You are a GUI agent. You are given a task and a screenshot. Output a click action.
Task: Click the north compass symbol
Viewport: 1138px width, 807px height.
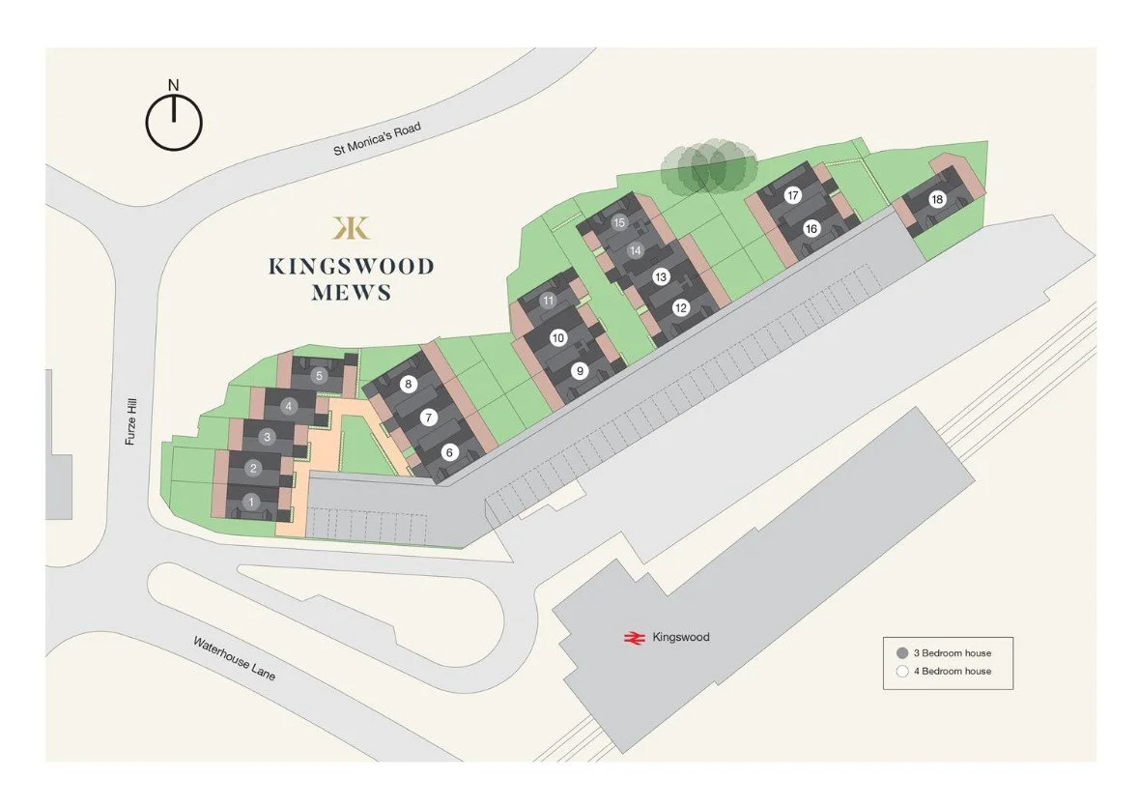click(x=174, y=123)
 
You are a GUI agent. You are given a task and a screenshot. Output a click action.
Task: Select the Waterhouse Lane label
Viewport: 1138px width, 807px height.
click(x=234, y=658)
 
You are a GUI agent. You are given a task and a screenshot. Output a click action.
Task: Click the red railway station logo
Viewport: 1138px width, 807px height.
click(x=634, y=637)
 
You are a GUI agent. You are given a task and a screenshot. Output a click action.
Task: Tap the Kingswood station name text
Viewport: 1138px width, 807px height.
click(x=681, y=637)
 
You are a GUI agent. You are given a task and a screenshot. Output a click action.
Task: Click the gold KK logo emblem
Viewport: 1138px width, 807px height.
click(x=350, y=227)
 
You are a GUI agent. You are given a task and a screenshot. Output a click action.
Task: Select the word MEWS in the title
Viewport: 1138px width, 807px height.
click(x=352, y=293)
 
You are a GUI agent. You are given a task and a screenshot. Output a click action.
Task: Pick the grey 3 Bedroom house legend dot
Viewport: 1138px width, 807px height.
click(x=902, y=652)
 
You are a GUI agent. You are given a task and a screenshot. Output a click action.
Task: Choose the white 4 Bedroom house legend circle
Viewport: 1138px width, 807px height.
click(x=902, y=671)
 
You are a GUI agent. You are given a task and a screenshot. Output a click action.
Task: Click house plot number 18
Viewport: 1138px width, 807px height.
click(x=936, y=200)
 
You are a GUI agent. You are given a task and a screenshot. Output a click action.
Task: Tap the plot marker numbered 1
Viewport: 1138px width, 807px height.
click(x=251, y=502)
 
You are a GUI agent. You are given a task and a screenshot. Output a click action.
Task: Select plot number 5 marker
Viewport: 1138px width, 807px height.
click(x=319, y=376)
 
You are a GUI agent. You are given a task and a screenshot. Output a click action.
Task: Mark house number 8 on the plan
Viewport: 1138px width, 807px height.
click(x=409, y=385)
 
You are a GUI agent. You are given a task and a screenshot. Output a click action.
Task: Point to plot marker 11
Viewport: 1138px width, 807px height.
click(x=549, y=301)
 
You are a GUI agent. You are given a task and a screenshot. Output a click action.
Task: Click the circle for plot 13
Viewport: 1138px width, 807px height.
click(x=661, y=277)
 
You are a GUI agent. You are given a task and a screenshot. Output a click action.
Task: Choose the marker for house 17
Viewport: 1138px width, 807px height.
click(x=793, y=196)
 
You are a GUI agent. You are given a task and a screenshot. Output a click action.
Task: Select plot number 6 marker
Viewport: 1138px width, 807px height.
click(x=449, y=451)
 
